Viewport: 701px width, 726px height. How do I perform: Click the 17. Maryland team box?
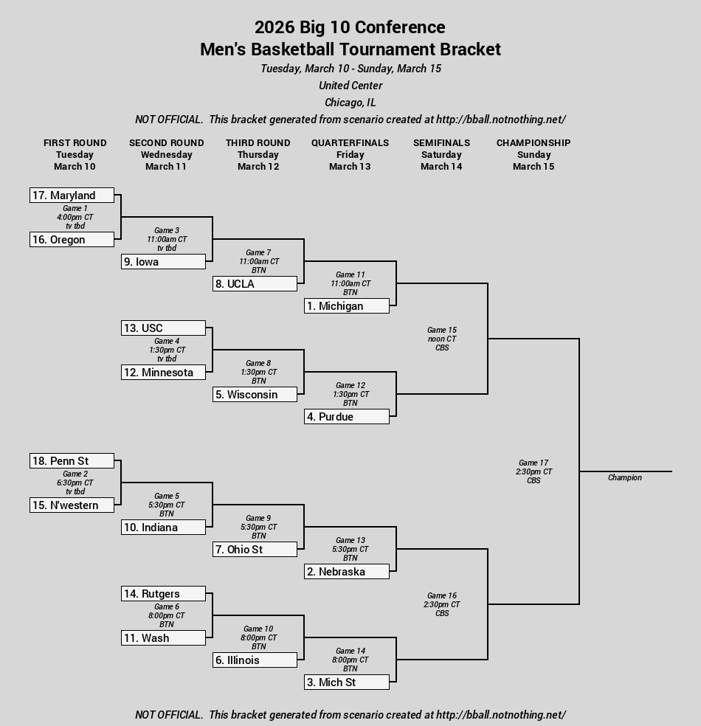pos(72,195)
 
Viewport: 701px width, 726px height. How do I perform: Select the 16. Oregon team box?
pos(72,239)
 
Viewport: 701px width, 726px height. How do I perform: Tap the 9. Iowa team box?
pos(163,262)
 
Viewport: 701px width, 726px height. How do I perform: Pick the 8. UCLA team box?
pos(255,284)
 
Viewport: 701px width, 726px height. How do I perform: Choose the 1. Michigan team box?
pos(347,306)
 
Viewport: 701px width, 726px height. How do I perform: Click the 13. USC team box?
pos(163,328)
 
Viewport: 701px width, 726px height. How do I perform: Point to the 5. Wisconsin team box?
pos(255,395)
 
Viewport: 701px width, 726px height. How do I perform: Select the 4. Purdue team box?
pos(347,417)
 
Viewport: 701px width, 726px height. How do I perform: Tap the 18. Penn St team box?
pos(72,460)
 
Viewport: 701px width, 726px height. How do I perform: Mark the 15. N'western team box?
pos(72,505)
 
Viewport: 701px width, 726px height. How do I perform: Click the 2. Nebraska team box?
pos(347,571)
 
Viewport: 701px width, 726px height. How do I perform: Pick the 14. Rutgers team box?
pos(163,594)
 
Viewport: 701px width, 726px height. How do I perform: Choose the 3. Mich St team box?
pos(347,682)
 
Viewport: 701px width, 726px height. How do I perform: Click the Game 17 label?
pos(533,463)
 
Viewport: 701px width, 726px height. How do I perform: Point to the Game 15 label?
pos(442,330)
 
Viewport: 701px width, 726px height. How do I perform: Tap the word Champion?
pos(624,477)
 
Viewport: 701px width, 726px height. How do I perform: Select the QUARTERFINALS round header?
pos(350,142)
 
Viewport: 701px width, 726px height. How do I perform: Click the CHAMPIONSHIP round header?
pos(533,142)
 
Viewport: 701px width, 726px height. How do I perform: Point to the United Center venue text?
pos(350,85)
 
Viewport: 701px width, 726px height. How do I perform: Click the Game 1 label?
pos(75,208)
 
